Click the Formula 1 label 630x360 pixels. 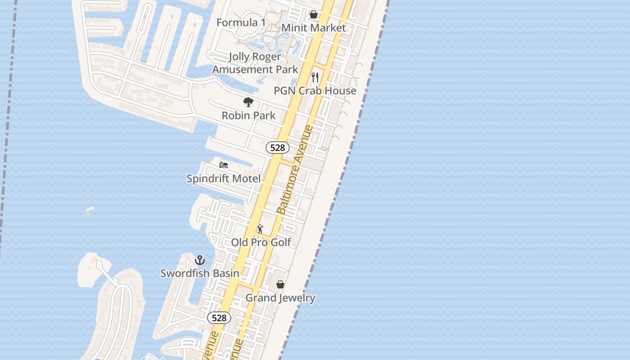click(x=241, y=22)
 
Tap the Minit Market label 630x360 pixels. click(x=314, y=28)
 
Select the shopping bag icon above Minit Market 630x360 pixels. click(x=314, y=15)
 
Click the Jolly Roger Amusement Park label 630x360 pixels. click(x=255, y=63)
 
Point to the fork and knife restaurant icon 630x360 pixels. click(x=315, y=77)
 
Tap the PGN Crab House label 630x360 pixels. click(x=315, y=91)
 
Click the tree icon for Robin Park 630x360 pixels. click(x=248, y=102)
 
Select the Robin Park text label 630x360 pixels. click(x=248, y=116)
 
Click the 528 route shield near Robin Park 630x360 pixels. click(x=277, y=148)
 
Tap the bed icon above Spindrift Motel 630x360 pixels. click(x=224, y=165)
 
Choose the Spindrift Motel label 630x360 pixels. click(x=224, y=179)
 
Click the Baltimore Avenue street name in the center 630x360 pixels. click(x=295, y=170)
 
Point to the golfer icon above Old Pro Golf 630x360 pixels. click(x=260, y=229)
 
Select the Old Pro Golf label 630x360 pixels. click(x=261, y=243)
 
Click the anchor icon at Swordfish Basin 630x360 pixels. click(x=200, y=260)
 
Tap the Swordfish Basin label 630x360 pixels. click(x=200, y=273)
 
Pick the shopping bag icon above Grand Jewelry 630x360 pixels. click(x=280, y=284)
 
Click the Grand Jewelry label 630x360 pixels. click(x=280, y=298)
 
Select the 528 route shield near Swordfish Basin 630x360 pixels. click(x=219, y=318)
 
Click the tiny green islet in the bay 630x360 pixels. click(x=90, y=210)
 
